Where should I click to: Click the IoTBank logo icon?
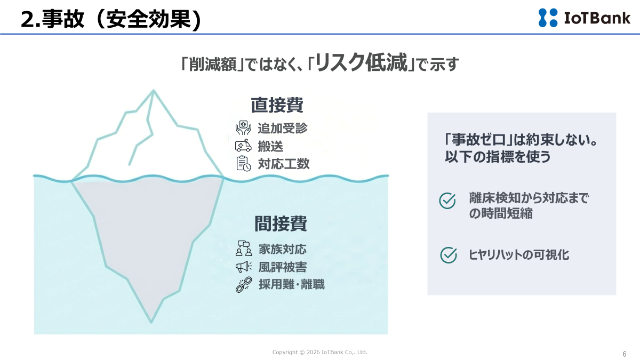(x=548, y=18)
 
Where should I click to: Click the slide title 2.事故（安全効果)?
(x=111, y=19)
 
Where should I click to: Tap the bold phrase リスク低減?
(x=361, y=62)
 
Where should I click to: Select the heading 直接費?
(x=277, y=105)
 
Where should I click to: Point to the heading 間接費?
(x=281, y=223)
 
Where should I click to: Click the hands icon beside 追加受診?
(x=243, y=127)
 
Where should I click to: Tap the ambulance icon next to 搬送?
(x=243, y=146)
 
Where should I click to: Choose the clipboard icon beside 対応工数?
(x=243, y=164)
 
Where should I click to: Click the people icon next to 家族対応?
(x=244, y=249)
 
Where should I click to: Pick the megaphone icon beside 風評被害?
(x=243, y=267)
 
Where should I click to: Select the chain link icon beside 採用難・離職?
(x=244, y=285)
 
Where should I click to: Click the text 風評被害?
(x=283, y=267)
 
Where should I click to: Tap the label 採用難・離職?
(x=292, y=285)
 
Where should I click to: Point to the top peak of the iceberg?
(x=154, y=91)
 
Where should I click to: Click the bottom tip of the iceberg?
(x=151, y=322)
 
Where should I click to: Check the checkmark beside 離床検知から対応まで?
(x=447, y=201)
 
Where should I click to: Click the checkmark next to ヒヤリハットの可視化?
(x=449, y=255)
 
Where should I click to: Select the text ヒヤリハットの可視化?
(x=519, y=255)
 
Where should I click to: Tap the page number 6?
(x=625, y=354)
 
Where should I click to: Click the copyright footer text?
(x=319, y=353)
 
